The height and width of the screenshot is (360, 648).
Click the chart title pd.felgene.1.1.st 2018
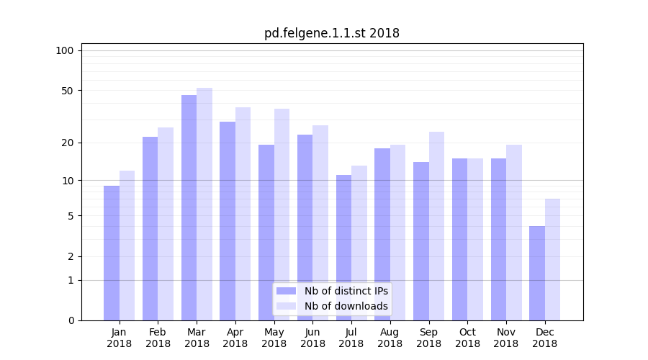(331, 33)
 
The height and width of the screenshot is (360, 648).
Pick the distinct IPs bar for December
(537, 273)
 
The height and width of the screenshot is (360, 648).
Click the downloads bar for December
(552, 259)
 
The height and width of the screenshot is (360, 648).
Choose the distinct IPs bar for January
(112, 253)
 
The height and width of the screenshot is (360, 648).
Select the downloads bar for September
(436, 226)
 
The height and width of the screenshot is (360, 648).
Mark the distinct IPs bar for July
(343, 248)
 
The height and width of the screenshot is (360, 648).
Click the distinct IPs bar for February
(150, 228)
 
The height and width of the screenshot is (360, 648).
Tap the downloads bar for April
(243, 214)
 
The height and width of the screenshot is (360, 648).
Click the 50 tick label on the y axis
(67, 91)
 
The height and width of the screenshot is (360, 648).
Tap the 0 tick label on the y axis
(71, 320)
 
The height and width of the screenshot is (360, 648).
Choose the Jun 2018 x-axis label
(312, 338)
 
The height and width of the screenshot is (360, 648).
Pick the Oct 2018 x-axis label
(467, 338)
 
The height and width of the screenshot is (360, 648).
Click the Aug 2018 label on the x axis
(390, 338)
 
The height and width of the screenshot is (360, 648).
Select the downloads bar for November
(514, 233)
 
